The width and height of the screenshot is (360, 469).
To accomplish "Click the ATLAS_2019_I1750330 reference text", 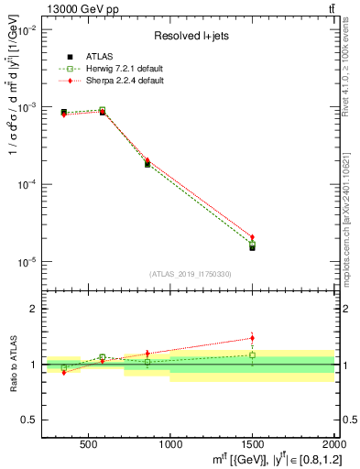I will click(x=191, y=273).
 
